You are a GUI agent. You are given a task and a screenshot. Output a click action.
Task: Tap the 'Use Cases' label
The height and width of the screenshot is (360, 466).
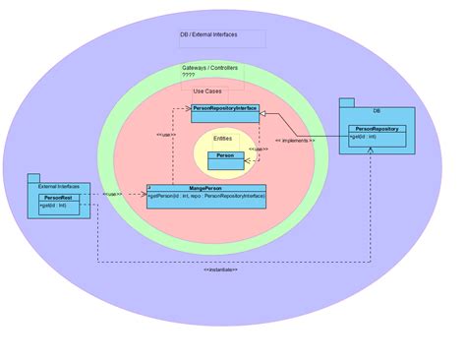click(205, 90)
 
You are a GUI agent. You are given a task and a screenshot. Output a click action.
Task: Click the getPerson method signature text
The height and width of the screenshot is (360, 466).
click(206, 196)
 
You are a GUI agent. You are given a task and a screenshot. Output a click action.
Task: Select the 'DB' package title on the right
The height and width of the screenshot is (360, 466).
click(375, 111)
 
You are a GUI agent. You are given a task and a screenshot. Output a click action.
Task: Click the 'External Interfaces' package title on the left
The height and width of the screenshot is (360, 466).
click(59, 185)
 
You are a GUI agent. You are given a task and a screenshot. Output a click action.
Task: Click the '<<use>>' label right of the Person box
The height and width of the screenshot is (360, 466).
click(258, 150)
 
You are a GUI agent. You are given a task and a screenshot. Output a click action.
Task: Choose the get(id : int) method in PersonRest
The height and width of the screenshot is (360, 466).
click(53, 207)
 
